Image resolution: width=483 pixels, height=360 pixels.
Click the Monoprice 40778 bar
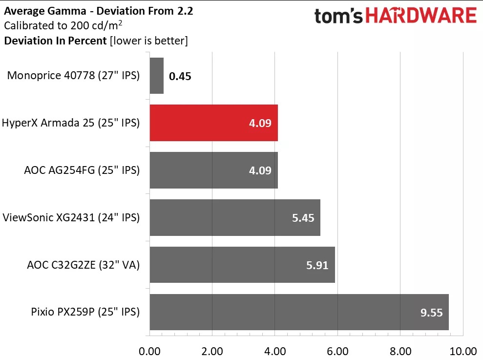156,76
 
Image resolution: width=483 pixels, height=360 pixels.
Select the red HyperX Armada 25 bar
214,123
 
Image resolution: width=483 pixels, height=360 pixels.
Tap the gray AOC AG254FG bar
214,170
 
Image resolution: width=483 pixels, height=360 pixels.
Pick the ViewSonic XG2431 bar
235,217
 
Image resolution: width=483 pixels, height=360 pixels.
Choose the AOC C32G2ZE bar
242,265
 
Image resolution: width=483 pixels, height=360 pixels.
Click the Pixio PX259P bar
299,312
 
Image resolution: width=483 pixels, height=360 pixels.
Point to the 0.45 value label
180,76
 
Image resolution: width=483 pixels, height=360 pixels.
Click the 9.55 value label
432,313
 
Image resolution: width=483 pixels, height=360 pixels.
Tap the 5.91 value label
317,265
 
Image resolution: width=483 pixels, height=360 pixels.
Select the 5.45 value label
303,218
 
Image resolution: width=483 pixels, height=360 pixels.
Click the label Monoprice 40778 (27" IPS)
73,76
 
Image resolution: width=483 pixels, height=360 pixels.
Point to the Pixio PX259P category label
85,312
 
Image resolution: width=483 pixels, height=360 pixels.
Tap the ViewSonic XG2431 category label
71,217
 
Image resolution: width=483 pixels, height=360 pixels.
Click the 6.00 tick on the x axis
337,351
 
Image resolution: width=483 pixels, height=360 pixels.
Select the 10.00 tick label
463,351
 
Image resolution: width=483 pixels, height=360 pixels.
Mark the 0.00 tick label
150,351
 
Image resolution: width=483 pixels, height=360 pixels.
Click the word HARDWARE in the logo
421,16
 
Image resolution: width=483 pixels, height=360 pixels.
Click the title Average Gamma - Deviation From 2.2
99,11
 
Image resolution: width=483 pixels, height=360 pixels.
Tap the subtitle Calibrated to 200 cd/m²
63,25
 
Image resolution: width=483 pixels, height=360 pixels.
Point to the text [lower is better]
149,41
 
